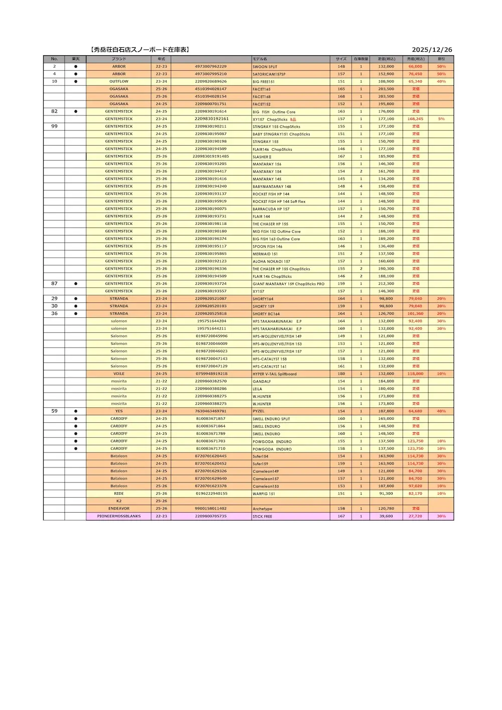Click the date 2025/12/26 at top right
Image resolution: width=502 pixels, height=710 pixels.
(432, 50)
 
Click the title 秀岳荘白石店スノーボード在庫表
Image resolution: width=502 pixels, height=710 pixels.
(140, 50)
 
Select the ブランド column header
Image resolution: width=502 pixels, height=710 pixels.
(119, 59)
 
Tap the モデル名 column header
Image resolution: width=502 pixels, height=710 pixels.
(260, 59)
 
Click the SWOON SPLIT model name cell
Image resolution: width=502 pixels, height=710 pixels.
(265, 67)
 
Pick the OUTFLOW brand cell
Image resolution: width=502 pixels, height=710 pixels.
(119, 81)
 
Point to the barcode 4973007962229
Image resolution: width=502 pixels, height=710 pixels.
(211, 66)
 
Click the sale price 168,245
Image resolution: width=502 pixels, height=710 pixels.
(415, 119)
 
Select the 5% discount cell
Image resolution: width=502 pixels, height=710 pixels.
(441, 119)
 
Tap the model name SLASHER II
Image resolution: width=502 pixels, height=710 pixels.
(262, 157)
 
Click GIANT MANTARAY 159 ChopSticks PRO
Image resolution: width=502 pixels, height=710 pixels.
(289, 284)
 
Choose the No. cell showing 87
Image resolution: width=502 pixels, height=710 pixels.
(54, 284)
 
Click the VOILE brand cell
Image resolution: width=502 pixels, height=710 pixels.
(119, 374)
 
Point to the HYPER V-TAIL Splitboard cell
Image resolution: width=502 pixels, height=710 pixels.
(275, 374)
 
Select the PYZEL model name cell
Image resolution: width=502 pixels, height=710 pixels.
(259, 411)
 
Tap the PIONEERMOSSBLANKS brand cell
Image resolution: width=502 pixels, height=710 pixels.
(119, 516)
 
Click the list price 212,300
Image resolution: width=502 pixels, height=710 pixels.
(386, 284)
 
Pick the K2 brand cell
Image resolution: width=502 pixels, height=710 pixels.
(119, 501)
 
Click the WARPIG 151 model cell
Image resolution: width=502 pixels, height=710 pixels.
(264, 494)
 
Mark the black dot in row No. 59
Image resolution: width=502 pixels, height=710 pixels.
(76, 411)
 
